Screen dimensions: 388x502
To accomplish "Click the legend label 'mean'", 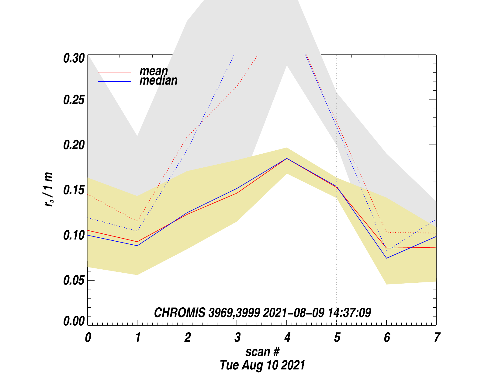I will coord(154,71).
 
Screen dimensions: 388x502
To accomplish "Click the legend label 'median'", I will coord(158,81).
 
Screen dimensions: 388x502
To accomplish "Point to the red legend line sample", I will coord(115,72).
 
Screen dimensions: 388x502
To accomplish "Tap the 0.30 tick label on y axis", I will coord(74,58).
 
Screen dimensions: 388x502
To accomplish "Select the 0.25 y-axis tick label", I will coord(74,100).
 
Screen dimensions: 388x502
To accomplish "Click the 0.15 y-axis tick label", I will coord(74,190).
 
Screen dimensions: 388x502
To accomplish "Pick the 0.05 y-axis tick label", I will coord(74,280).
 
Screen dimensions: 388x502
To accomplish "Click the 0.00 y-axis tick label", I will coord(74,321).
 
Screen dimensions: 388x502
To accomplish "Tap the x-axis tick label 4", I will coord(287,337).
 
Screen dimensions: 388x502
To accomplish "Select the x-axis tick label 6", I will coord(386,337).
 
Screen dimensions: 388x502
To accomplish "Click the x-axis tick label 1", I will coord(138,337).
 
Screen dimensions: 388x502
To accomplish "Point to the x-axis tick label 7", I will coord(437,337).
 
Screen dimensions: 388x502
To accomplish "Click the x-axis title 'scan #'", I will coord(262,352).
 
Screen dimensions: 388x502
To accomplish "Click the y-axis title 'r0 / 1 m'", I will coord(49,190).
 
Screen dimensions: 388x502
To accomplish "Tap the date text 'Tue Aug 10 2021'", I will coord(262,365).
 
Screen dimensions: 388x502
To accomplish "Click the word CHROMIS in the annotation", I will coord(179,313).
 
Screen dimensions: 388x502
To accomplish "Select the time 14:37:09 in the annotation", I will coord(349,313).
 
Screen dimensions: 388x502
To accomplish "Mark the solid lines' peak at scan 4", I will coord(287,159).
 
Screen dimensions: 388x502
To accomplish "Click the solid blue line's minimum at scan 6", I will coord(386,258).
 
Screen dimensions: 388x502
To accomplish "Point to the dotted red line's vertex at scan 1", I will coord(137,221).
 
